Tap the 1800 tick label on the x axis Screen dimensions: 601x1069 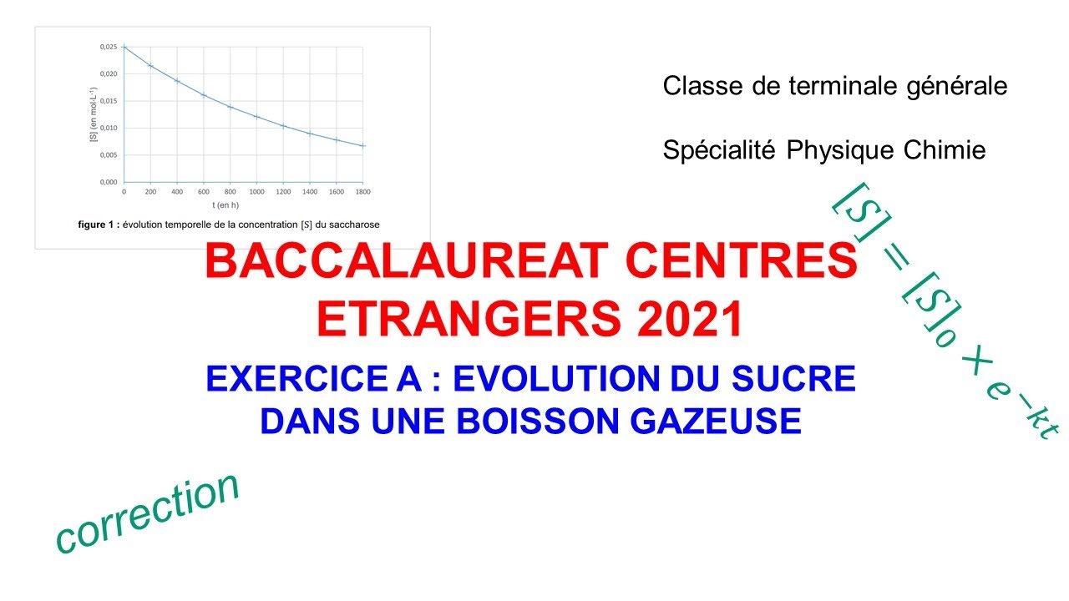point(363,191)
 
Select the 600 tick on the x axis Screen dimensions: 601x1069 point(203,191)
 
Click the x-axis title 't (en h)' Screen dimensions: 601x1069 point(242,205)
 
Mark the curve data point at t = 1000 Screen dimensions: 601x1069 point(256,117)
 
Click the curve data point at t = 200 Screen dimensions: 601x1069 point(150,65)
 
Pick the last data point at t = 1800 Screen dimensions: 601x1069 point(363,146)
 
